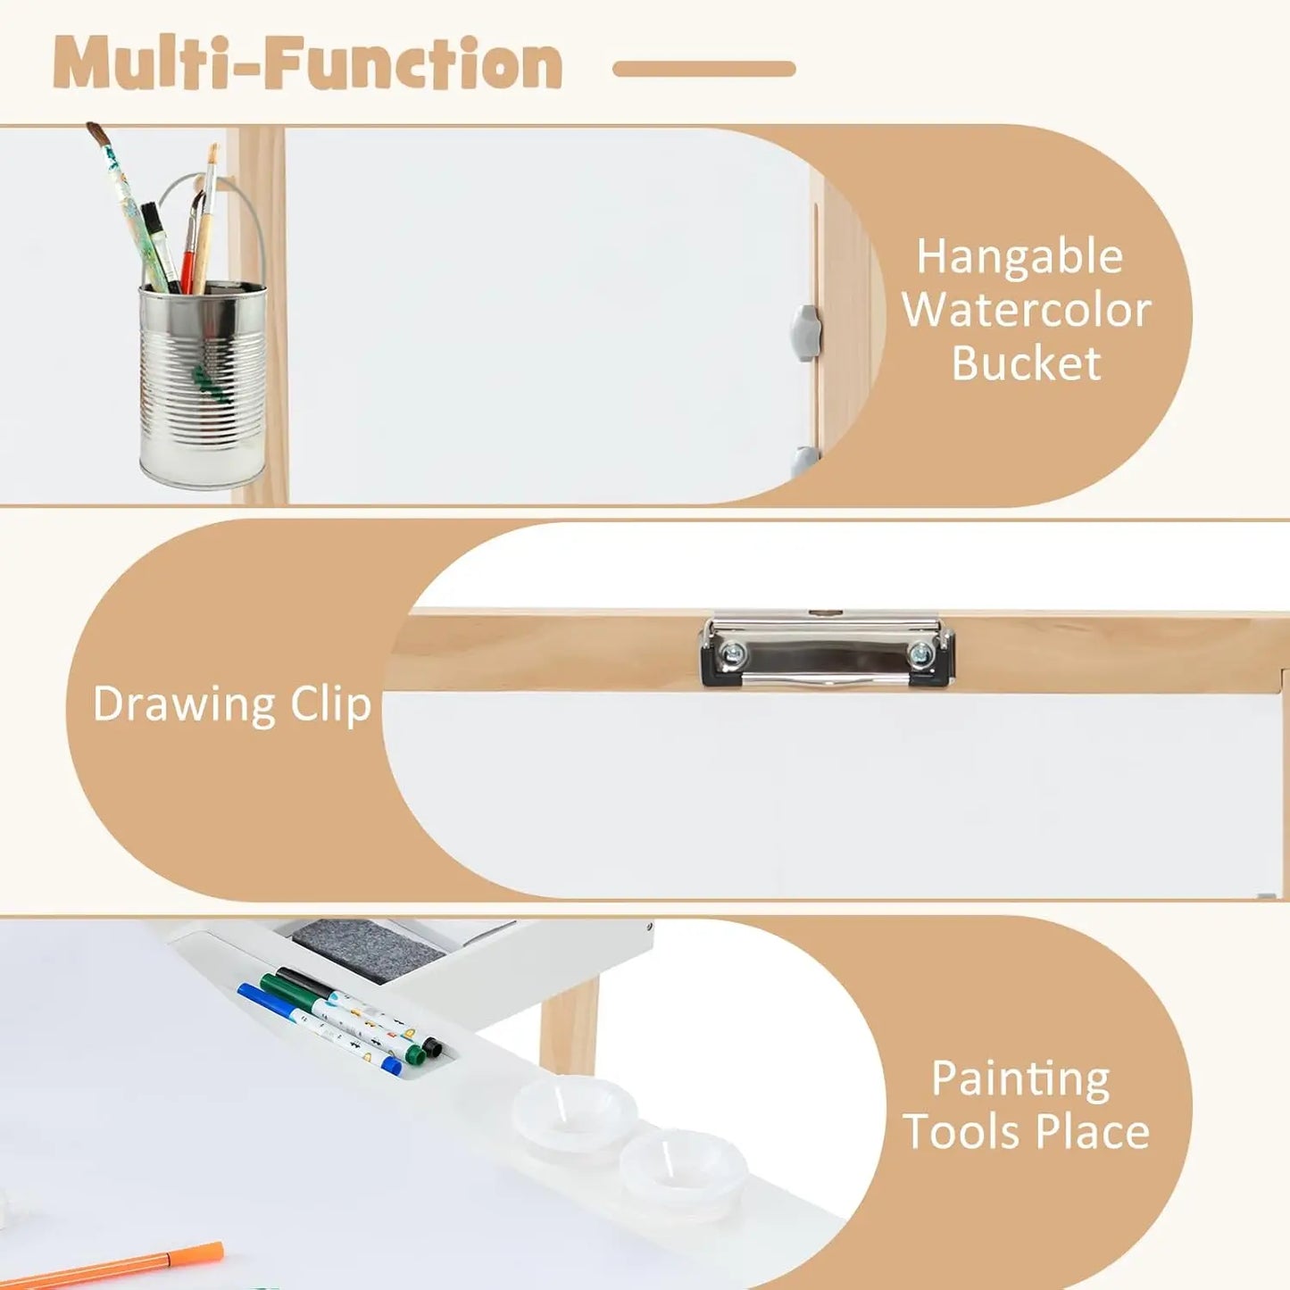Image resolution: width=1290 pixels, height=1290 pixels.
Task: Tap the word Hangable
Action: coord(1020,258)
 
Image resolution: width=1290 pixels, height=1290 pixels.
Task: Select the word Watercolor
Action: coord(1027,311)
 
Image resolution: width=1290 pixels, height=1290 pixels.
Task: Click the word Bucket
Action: coord(1027,363)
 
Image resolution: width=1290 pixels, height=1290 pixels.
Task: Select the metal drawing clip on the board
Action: coord(828,649)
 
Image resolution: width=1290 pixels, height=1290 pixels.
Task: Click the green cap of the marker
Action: coord(414,1054)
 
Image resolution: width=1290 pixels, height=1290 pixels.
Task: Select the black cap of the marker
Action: coord(433,1046)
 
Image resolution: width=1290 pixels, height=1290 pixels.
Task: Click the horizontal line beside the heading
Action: coord(704,69)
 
